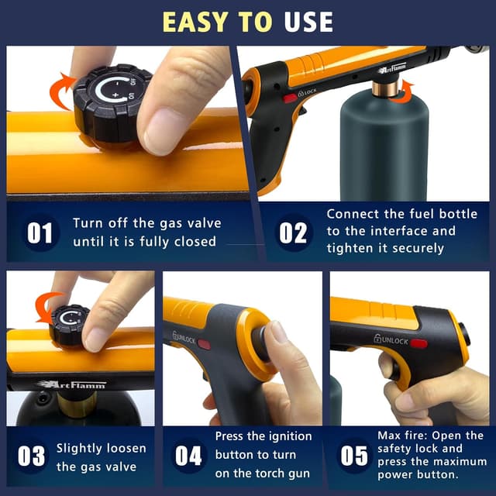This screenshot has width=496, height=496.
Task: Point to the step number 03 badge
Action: [x=32, y=456]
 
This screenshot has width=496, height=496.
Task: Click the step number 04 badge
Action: [x=188, y=456]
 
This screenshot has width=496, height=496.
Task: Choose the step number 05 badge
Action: [x=353, y=456]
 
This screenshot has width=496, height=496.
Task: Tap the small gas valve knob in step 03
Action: [x=70, y=325]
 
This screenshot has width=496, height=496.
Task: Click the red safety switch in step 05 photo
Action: [x=418, y=343]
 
